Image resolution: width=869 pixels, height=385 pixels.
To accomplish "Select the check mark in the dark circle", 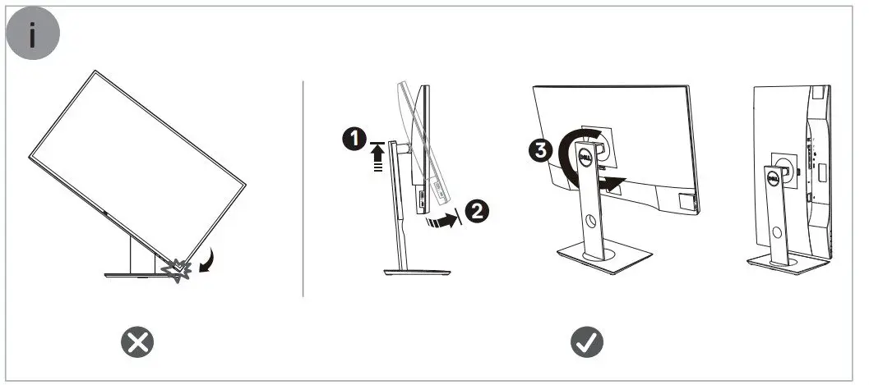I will [x=586, y=341].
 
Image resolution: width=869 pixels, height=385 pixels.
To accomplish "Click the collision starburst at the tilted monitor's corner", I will [x=179, y=270].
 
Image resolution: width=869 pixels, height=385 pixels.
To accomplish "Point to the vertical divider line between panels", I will [x=304, y=189].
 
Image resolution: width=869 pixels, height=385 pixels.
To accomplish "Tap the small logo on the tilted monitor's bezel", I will [x=106, y=215].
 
